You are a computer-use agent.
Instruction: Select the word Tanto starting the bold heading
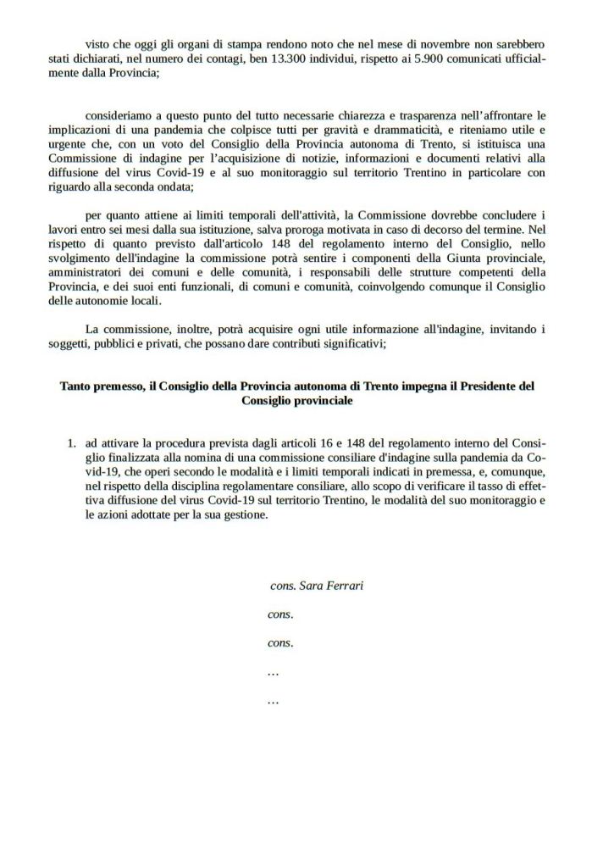pos(76,386)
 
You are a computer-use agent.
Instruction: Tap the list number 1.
pos(70,443)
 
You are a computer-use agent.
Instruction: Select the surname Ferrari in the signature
pos(343,586)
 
